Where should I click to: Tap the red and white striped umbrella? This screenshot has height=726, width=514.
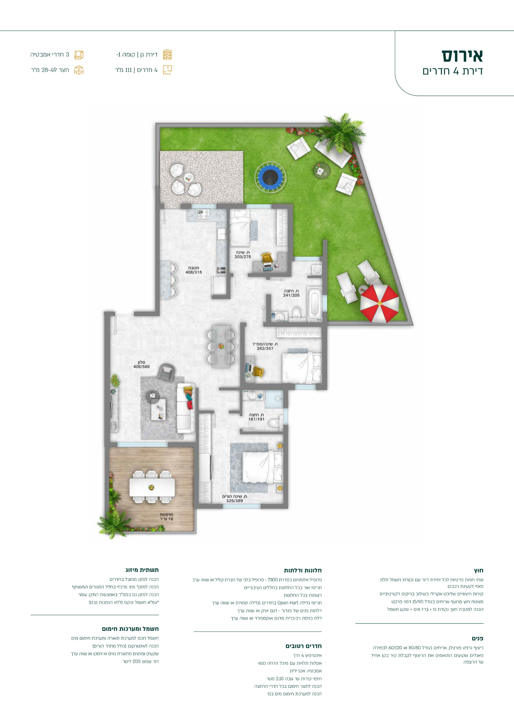(379, 303)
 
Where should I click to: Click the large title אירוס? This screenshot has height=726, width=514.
(462, 56)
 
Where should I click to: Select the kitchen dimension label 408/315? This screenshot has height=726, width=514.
(194, 272)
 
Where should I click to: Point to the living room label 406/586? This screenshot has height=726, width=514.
(142, 367)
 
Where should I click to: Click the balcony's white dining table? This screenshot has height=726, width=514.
(152, 487)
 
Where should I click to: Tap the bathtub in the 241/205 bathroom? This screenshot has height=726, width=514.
(315, 303)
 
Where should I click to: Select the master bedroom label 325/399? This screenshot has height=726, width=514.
(235, 501)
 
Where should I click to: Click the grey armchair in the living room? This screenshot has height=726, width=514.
(166, 372)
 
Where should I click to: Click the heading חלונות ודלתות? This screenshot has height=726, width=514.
(303, 571)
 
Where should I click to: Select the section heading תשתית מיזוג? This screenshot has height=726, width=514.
(142, 570)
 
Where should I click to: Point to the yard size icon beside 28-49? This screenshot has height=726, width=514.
(79, 70)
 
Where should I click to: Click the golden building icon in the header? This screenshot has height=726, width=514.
(167, 55)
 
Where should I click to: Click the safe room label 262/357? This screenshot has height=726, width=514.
(265, 349)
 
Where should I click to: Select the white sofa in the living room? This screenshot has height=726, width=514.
(186, 408)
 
